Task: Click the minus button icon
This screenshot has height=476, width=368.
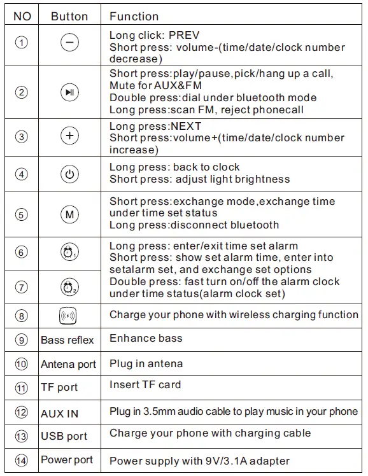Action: [x=69, y=43]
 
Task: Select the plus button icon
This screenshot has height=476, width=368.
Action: [x=69, y=137]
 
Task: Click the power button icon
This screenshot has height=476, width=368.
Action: [x=69, y=174]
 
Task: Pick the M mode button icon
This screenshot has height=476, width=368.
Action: [x=69, y=214]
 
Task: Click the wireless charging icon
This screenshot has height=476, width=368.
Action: [x=68, y=315]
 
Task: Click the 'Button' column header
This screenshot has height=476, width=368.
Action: [x=69, y=16]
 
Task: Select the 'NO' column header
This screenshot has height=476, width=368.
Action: [x=22, y=16]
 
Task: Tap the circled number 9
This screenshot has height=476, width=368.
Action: [x=22, y=340]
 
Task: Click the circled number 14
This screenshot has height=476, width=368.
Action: [x=22, y=460]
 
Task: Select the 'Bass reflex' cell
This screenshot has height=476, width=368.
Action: [x=67, y=340]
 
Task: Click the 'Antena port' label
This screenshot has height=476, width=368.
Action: [x=68, y=365]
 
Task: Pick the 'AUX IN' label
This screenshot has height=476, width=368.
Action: [x=60, y=413]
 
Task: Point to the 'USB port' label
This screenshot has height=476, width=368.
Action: [x=64, y=437]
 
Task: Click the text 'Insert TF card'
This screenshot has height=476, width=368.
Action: [x=145, y=384]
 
